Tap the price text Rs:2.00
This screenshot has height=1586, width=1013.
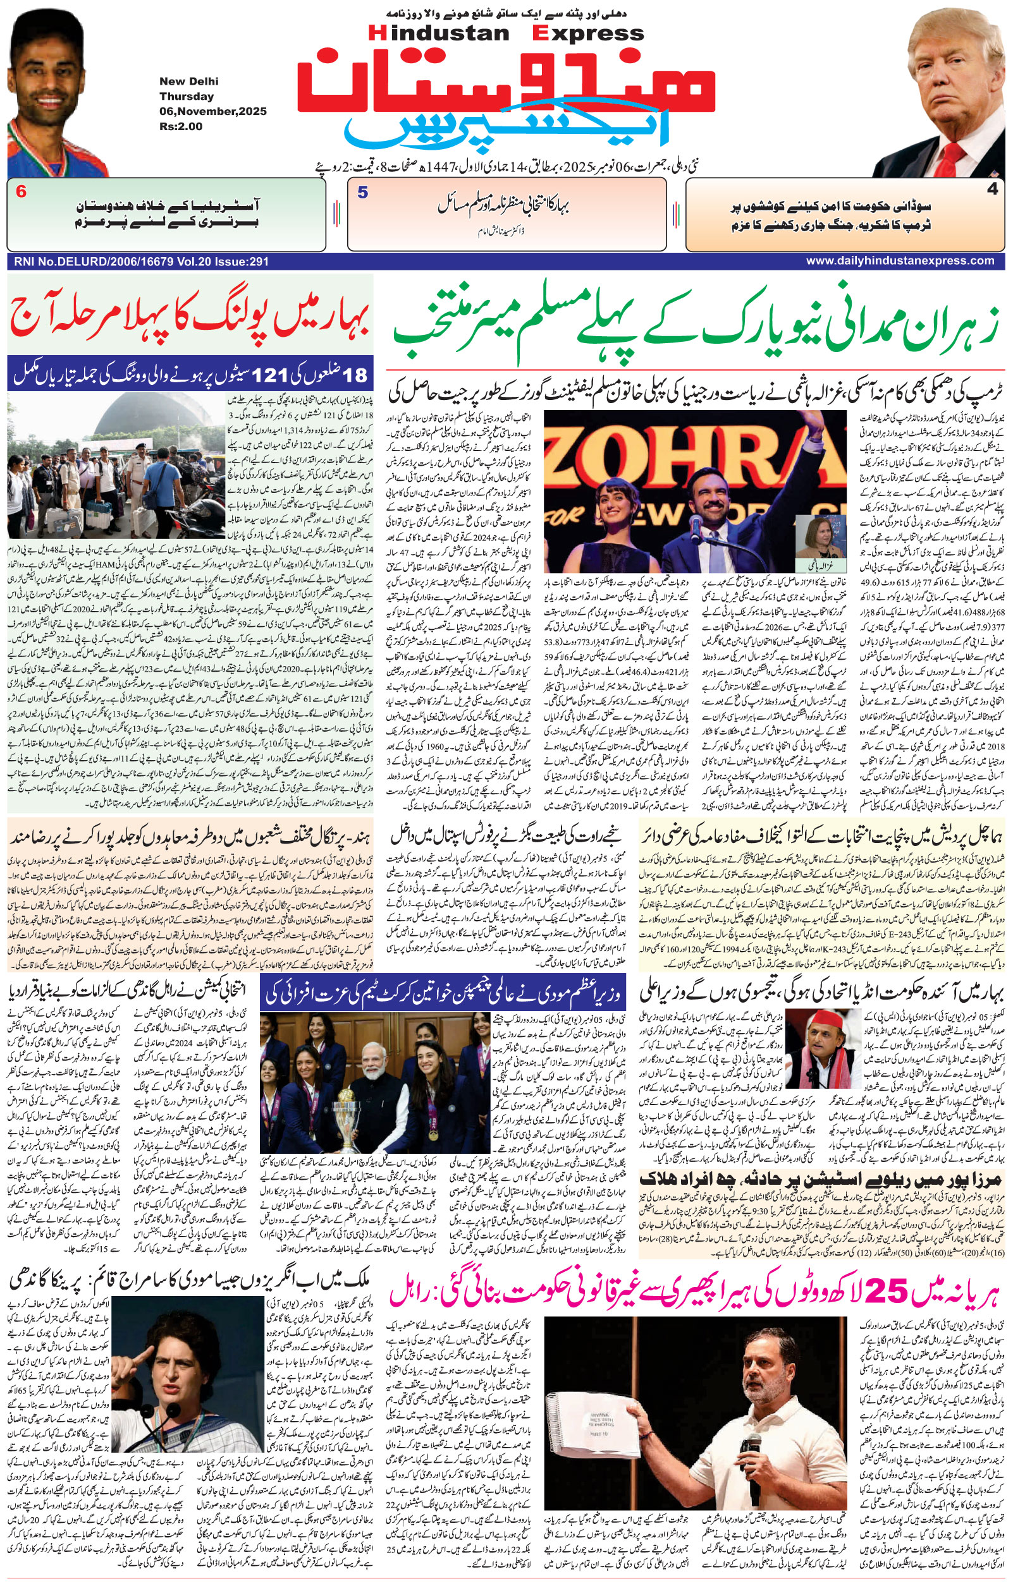pyautogui.click(x=181, y=126)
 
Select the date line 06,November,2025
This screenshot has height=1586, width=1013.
pyautogui.click(x=213, y=111)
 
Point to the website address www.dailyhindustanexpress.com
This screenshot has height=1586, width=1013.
pyautogui.click(x=900, y=261)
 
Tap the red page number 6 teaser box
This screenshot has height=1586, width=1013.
pyautogui.click(x=21, y=192)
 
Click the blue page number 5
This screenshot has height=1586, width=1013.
pyautogui.click(x=362, y=192)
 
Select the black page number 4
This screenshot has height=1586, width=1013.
pyautogui.click(x=992, y=190)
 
